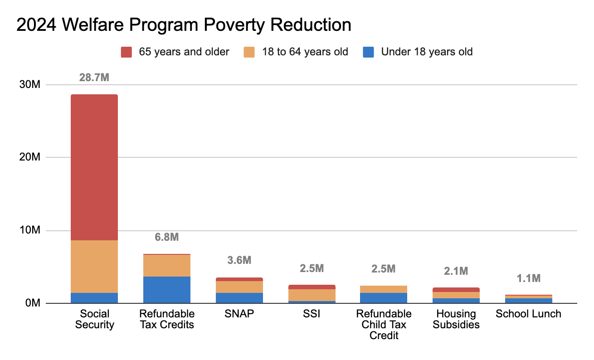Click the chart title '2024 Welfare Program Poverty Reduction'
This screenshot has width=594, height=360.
click(x=184, y=25)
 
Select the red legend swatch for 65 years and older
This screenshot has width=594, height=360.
click(x=126, y=52)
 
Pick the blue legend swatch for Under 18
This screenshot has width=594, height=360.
click(x=369, y=52)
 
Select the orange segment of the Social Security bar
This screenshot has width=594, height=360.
click(x=94, y=266)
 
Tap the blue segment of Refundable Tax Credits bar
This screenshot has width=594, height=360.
click(x=166, y=290)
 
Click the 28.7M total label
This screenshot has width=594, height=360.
click(x=94, y=78)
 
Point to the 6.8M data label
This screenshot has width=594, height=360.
click(x=166, y=237)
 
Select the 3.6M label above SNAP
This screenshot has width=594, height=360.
click(x=239, y=260)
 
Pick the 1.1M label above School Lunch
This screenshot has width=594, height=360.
click(x=528, y=278)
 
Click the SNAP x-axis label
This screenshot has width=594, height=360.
click(x=239, y=314)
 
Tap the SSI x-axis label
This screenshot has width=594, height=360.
click(x=312, y=314)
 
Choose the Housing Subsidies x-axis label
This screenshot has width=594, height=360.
click(x=456, y=319)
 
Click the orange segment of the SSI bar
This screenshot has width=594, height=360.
click(x=312, y=295)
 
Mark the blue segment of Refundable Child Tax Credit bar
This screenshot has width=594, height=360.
click(x=384, y=298)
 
